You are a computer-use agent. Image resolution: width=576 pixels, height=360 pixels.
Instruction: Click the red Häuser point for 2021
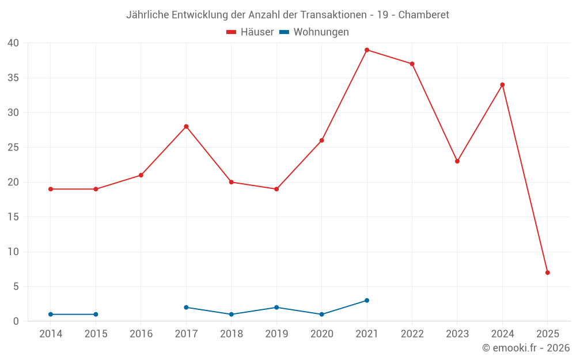pos(367,50)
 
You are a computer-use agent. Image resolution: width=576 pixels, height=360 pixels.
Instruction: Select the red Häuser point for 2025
pos(547,272)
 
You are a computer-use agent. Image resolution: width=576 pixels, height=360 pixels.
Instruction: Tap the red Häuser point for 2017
pos(186,127)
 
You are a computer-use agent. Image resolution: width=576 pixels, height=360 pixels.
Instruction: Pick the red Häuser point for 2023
pos(457,161)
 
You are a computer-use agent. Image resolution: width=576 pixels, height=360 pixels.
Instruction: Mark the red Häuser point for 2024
pos(502,85)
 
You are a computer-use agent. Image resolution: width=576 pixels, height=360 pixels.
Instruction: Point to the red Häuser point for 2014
pos(51,189)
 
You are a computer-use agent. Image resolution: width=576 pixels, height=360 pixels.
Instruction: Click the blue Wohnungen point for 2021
pos(367,301)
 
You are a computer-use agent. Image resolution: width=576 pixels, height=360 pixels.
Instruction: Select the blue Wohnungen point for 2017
pos(186,308)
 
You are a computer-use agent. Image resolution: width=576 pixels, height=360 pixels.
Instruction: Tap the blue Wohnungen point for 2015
pos(96,314)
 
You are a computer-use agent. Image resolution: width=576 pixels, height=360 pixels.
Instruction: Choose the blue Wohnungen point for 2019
pos(276,308)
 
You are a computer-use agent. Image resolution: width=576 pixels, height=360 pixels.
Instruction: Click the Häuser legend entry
pos(250,32)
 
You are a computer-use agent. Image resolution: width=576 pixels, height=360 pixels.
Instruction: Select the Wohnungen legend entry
pos(314,32)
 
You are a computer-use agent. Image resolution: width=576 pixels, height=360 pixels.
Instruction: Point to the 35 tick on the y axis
pos(13,78)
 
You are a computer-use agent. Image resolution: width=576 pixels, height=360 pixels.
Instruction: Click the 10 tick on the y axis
pos(13,252)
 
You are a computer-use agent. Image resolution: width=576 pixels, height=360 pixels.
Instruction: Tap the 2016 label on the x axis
pos(141,334)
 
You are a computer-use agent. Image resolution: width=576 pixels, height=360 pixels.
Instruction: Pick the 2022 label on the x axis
pos(412,334)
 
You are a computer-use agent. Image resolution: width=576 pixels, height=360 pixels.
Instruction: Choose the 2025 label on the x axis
pos(547,334)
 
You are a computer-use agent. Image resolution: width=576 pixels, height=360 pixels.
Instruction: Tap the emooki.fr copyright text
pos(526,348)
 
